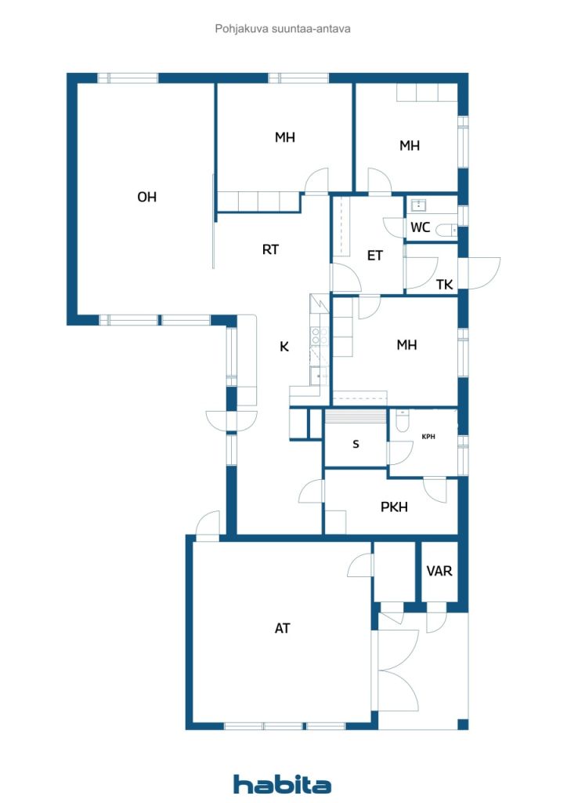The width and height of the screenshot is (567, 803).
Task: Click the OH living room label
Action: click(146, 197)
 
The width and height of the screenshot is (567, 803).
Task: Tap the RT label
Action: click(270, 249)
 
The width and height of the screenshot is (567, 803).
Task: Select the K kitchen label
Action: click(284, 347)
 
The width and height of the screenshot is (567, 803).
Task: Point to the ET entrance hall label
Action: click(375, 256)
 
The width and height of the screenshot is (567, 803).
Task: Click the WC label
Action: click(421, 227)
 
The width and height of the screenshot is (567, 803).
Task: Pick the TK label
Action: click(444, 285)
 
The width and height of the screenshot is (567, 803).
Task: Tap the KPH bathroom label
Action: click(428, 437)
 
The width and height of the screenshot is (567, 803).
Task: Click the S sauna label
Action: click(356, 444)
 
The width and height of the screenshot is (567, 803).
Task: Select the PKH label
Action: click(394, 507)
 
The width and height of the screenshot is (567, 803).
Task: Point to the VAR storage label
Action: click(439, 571)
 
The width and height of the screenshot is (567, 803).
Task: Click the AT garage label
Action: click(282, 628)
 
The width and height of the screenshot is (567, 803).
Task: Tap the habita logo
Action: click(282, 784)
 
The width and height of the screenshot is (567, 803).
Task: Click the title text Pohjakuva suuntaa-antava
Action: click(283, 29)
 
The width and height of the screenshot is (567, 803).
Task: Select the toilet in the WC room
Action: click(446, 231)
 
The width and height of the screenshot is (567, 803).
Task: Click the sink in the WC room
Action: click(419, 205)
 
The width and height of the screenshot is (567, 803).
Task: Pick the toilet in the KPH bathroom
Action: click(403, 420)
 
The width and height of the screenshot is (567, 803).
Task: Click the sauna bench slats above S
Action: click(356, 416)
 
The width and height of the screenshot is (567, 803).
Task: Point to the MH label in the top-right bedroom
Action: click(410, 146)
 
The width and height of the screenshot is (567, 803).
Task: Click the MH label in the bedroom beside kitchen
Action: click(407, 345)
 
